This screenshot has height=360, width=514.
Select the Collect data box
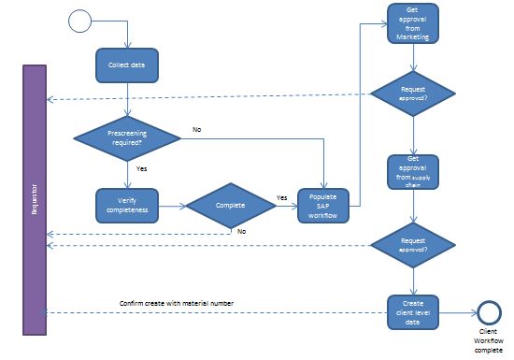click(126, 65)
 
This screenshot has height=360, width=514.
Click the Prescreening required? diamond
click(127, 137)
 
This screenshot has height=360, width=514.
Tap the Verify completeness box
click(126, 205)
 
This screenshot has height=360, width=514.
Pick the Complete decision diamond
click(229, 205)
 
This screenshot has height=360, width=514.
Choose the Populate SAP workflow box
click(323, 204)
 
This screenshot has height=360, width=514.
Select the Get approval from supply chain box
click(413, 171)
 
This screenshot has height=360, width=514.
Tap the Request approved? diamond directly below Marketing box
click(413, 94)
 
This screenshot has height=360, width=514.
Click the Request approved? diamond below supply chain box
click(413, 246)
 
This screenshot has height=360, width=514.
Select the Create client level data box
click(413, 310)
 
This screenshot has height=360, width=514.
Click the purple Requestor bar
click(35, 199)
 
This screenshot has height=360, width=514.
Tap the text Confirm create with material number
click(178, 302)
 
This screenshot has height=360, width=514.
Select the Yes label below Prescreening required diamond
click(142, 169)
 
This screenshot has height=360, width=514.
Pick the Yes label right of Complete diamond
click(281, 197)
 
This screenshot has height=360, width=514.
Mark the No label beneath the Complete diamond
click(241, 230)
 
